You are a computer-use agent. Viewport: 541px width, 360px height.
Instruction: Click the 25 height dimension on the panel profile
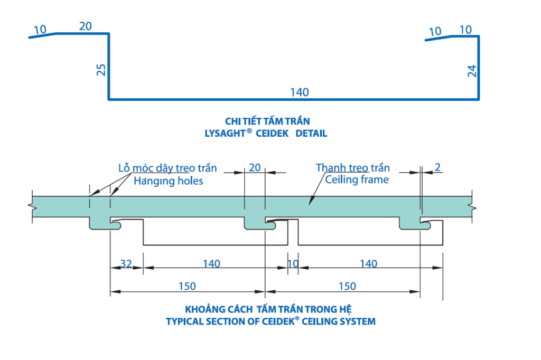[x=102, y=70]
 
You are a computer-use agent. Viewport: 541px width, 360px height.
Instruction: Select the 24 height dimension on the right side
[x=472, y=71]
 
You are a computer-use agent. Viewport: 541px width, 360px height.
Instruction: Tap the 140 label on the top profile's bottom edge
[x=299, y=92]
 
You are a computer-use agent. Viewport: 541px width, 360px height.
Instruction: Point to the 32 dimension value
[x=126, y=263]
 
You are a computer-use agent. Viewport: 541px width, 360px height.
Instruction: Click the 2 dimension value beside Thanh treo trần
[x=437, y=168]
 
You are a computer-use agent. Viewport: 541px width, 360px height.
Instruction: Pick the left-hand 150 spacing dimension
[x=187, y=286]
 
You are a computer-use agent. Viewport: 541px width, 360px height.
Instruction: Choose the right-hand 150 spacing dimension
[x=347, y=286]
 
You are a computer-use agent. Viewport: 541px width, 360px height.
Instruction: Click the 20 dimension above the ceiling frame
[x=255, y=167]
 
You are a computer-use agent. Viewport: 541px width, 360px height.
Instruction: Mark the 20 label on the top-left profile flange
[x=86, y=26]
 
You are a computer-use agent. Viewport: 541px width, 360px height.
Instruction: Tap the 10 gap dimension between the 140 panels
[x=293, y=263]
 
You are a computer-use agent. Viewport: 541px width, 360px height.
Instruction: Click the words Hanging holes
[x=168, y=181]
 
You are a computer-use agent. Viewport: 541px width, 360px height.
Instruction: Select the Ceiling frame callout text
[x=357, y=180]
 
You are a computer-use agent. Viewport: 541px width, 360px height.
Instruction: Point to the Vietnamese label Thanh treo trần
[x=353, y=168]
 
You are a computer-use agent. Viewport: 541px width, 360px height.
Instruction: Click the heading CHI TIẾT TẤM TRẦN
[x=267, y=121]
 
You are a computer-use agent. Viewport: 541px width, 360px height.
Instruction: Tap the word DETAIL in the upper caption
[x=311, y=134]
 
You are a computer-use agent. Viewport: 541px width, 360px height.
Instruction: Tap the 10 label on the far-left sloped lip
[x=40, y=30]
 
